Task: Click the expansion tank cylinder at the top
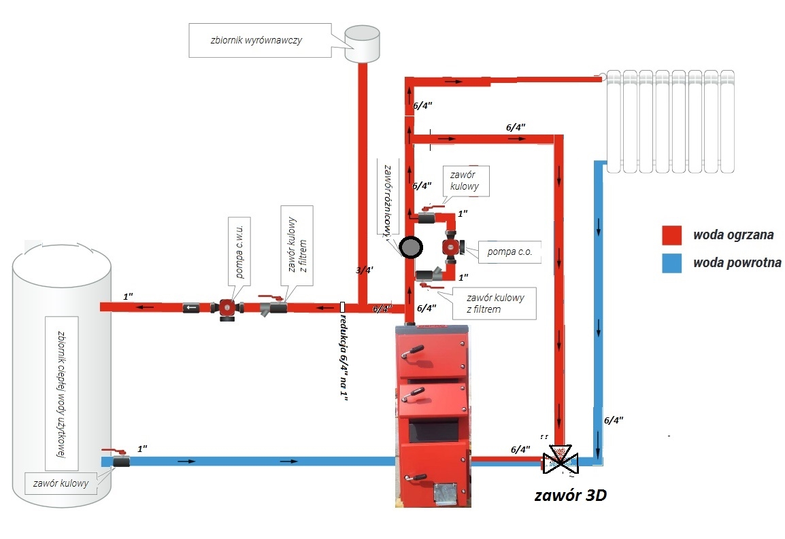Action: (x=361, y=44)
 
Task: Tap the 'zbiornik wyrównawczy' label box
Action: (x=260, y=40)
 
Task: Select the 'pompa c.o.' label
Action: (x=510, y=251)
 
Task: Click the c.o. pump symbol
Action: (x=452, y=247)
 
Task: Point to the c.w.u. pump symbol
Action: (x=227, y=308)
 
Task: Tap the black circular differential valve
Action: (x=411, y=247)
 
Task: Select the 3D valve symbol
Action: (x=561, y=459)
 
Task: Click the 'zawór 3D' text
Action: (x=570, y=495)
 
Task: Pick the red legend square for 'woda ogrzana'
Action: (x=672, y=234)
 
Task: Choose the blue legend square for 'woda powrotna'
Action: (x=672, y=263)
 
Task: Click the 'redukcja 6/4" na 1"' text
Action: (x=344, y=357)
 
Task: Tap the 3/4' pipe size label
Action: (x=365, y=271)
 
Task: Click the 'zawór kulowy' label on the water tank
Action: (x=61, y=483)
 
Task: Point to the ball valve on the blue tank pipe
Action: (x=118, y=459)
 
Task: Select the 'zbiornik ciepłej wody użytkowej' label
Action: (x=61, y=394)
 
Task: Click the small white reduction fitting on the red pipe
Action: (x=342, y=307)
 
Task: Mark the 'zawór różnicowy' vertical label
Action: (x=388, y=201)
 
